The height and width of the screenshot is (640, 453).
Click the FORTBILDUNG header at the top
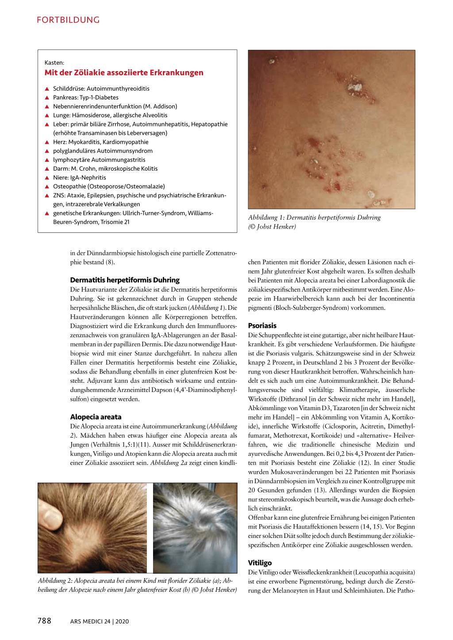[x=68, y=20]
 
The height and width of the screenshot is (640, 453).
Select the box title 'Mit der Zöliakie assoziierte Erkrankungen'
[x=124, y=73]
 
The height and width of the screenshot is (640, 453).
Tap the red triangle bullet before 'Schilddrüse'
[x=47, y=89]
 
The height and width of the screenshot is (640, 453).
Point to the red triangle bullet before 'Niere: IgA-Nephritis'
[x=47, y=178]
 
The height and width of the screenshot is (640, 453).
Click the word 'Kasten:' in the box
[x=54, y=63]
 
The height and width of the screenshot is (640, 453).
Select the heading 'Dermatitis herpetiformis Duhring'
[x=125, y=280]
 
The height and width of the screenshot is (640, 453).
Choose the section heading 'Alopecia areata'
[x=96, y=417]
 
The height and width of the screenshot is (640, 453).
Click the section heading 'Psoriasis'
[x=262, y=326]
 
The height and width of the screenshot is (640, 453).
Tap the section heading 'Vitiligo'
[x=260, y=563]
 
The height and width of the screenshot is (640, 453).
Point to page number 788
[x=44, y=621]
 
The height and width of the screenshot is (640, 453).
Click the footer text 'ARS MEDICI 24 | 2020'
[x=100, y=621]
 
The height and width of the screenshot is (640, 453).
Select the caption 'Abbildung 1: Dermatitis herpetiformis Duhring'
[x=314, y=217]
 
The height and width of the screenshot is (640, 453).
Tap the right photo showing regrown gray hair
[x=195, y=528]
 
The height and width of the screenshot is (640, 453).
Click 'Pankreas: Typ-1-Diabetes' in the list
[x=86, y=98]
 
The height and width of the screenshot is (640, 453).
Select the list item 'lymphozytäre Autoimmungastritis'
[x=99, y=160]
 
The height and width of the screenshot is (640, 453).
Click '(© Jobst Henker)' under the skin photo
[x=272, y=227]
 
